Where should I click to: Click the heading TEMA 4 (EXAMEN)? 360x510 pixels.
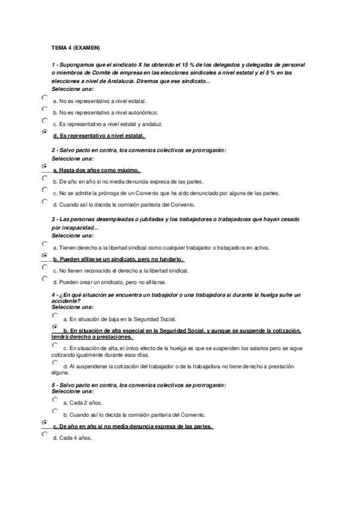(x=76, y=47)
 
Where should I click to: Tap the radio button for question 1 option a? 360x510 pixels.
(x=45, y=97)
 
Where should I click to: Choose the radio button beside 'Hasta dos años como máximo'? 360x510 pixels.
(x=45, y=166)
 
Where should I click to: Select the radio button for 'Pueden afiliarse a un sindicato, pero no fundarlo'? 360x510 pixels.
(x=45, y=255)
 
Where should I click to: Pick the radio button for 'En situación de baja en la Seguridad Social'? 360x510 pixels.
(x=55, y=315)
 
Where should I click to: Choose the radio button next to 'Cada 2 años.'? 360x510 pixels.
(x=55, y=399)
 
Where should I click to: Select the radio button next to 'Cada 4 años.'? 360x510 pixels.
(x=45, y=434)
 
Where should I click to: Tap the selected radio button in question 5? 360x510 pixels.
(x=45, y=423)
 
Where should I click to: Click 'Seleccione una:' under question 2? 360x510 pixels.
(x=73, y=158)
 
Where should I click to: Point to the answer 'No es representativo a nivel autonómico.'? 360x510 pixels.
(x=105, y=112)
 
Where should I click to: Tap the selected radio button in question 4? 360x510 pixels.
(x=55, y=327)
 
